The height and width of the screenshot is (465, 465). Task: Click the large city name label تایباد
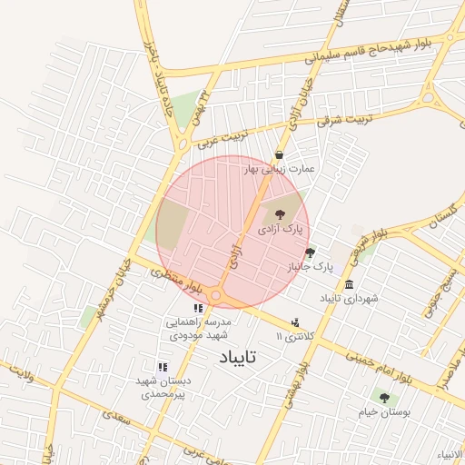(239, 359)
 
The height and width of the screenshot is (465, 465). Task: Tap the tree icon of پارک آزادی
(279, 215)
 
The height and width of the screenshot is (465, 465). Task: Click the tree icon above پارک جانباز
(310, 252)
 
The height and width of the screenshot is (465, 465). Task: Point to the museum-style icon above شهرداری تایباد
(349, 284)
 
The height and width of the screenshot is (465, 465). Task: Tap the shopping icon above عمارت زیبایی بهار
(278, 154)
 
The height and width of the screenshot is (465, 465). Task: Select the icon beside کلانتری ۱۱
(295, 322)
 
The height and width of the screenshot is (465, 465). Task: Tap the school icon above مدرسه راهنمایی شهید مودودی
(198, 309)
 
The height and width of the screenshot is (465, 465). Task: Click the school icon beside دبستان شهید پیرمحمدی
(162, 367)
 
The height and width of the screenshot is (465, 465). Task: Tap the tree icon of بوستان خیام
(383, 397)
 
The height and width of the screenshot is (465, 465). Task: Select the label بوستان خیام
(383, 411)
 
